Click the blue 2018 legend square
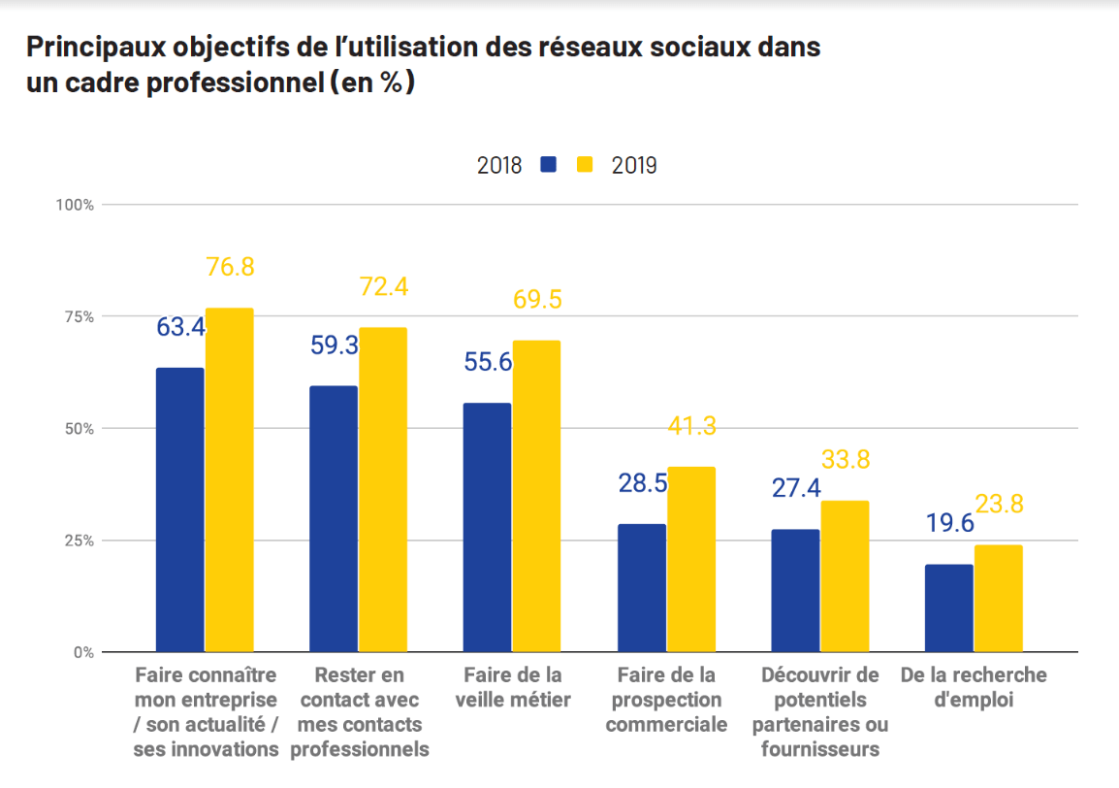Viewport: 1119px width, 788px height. pyautogui.click(x=548, y=164)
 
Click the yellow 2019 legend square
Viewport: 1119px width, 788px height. pyautogui.click(x=585, y=164)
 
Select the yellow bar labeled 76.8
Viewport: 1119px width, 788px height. pyautogui.click(x=229, y=480)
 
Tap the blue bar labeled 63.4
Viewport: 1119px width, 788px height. pyautogui.click(x=179, y=510)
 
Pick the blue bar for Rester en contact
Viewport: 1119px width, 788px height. pyautogui.click(x=334, y=519)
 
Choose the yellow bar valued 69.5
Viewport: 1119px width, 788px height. pyautogui.click(x=536, y=497)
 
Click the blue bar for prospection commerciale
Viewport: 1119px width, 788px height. pyautogui.click(x=642, y=588)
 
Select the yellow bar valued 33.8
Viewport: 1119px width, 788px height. pyautogui.click(x=845, y=576)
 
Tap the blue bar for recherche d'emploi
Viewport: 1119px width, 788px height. pyautogui.click(x=949, y=607)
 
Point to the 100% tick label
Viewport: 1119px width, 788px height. pyautogui.click(x=75, y=205)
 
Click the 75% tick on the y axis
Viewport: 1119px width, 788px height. pyautogui.click(x=80, y=316)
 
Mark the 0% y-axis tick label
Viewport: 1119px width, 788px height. pyautogui.click(x=83, y=652)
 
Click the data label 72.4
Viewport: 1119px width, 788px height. pyautogui.click(x=384, y=286)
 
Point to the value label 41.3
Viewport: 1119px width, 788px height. pyautogui.click(x=692, y=426)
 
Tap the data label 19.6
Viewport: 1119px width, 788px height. pyautogui.click(x=950, y=523)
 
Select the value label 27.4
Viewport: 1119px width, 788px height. pyautogui.click(x=796, y=488)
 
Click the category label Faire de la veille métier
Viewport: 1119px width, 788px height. pyautogui.click(x=513, y=687)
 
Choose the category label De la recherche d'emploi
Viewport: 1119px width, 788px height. pyautogui.click(x=974, y=687)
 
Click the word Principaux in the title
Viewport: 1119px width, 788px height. pyautogui.click(x=96, y=48)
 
